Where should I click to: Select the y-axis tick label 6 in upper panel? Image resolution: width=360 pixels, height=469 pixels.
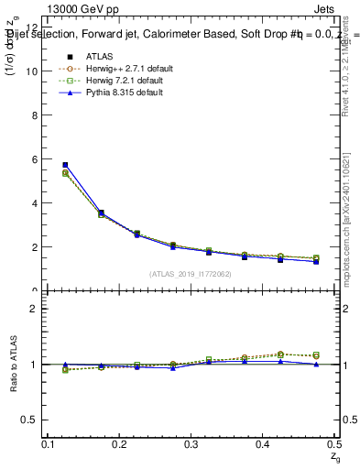point(35,159)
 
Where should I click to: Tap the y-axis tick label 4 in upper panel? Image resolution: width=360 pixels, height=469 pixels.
point(35,203)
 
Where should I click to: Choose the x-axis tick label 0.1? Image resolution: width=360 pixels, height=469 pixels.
point(49,444)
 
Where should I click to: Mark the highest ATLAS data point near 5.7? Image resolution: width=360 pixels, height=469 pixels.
point(65,165)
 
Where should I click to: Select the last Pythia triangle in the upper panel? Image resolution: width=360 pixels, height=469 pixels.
point(316,262)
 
